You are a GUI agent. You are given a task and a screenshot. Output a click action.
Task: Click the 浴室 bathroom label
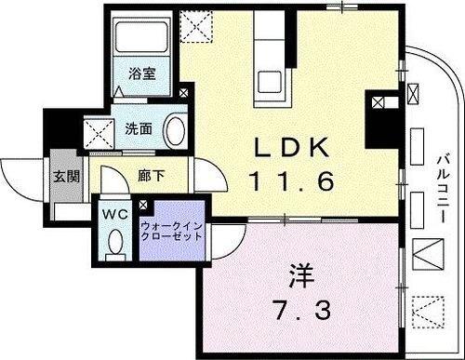[x=141, y=72]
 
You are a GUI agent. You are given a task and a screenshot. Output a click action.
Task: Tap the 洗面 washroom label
[x=139, y=129]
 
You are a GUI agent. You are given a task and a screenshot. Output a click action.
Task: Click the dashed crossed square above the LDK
[x=196, y=25]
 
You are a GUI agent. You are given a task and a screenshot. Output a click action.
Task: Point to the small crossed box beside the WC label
[x=141, y=206]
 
